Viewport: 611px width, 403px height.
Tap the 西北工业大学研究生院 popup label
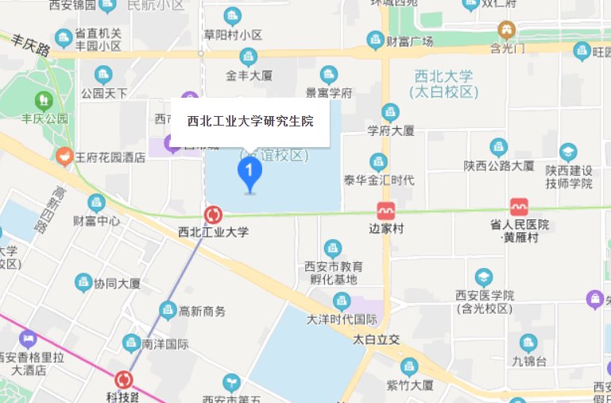click(x=250, y=122)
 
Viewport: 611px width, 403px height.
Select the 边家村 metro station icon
click(x=386, y=211)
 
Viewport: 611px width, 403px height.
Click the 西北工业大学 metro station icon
click(x=213, y=215)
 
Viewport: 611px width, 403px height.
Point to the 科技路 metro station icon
click(x=123, y=380)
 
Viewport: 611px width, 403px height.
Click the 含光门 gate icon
click(x=506, y=30)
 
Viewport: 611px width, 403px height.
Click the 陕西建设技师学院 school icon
click(x=568, y=152)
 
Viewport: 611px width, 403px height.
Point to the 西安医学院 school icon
click(x=483, y=277)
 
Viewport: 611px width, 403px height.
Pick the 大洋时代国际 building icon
click(x=342, y=300)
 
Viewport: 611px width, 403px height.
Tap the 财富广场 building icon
click(x=375, y=40)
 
